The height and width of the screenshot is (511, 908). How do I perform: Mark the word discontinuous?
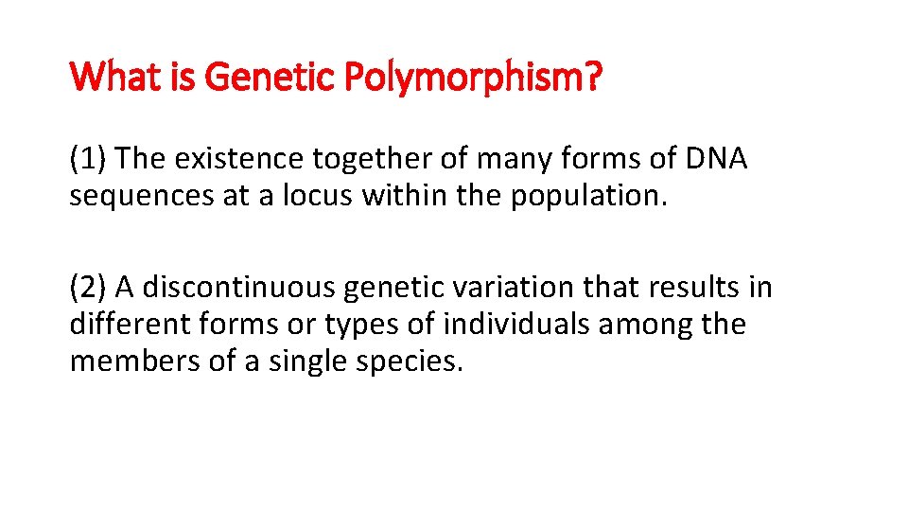click(x=244, y=288)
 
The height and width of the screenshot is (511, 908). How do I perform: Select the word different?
click(x=130, y=325)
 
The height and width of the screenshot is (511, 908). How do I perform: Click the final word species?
click(x=413, y=363)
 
